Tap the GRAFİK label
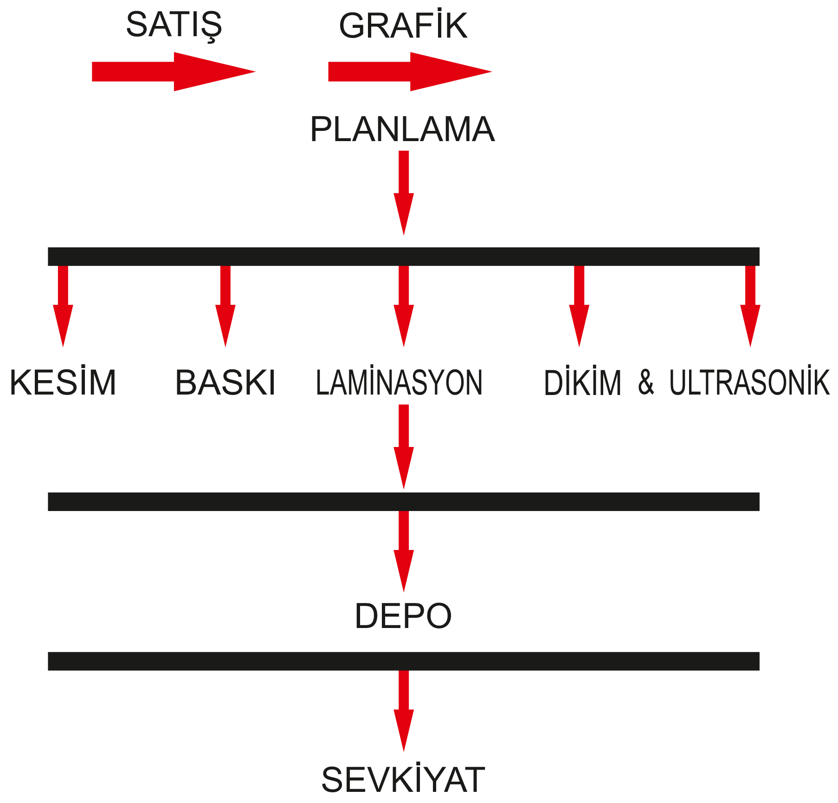(403, 26)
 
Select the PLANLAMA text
(403, 130)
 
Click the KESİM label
(63, 383)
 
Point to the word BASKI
(226, 383)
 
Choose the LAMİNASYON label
(400, 383)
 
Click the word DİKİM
(582, 383)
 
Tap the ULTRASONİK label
(749, 383)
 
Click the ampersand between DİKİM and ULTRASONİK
(646, 383)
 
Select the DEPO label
(403, 616)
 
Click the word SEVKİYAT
(403, 780)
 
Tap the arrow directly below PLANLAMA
(404, 193)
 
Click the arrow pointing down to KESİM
(63, 306)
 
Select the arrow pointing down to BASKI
(225, 306)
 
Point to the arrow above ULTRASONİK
(750, 306)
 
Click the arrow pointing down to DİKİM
(579, 306)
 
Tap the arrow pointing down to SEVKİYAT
(404, 710)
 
